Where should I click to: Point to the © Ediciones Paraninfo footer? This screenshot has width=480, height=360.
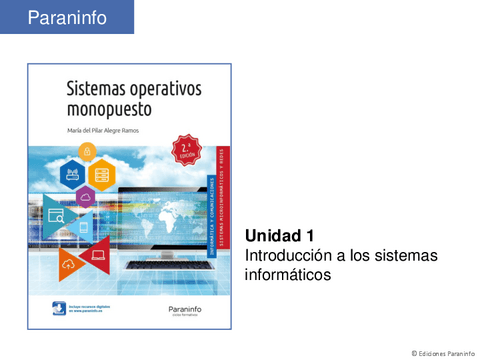[x=436, y=352]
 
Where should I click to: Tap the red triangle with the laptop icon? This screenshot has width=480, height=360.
[x=98, y=257]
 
